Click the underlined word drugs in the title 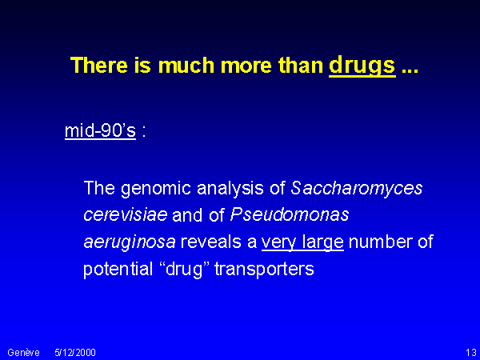pos(362,66)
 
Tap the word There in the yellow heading pos(99,65)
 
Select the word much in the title pos(186,65)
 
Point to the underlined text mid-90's pos(100,131)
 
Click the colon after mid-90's pos(144,131)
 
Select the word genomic pos(156,189)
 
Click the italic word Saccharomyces pos(357,189)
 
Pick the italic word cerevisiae pos(126,215)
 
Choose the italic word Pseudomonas pos(290,214)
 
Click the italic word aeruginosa pos(130,242)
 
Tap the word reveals pos(218,242)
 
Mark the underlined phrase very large pos(302,242)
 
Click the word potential pos(118,270)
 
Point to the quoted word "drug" pos(184,270)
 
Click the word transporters pos(264,270)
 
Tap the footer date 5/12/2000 pos(75,353)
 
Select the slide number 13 pos(471,353)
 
